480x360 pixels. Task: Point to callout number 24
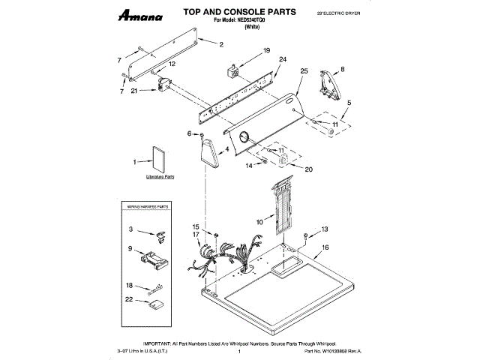pyautogui.click(x=283, y=59)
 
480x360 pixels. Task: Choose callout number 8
pyautogui.click(x=343, y=69)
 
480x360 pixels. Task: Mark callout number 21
pyautogui.click(x=133, y=91)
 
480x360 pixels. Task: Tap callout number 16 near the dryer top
pyautogui.click(x=325, y=247)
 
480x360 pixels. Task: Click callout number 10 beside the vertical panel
pyautogui.click(x=259, y=222)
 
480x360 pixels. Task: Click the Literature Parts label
pyautogui.click(x=160, y=178)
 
